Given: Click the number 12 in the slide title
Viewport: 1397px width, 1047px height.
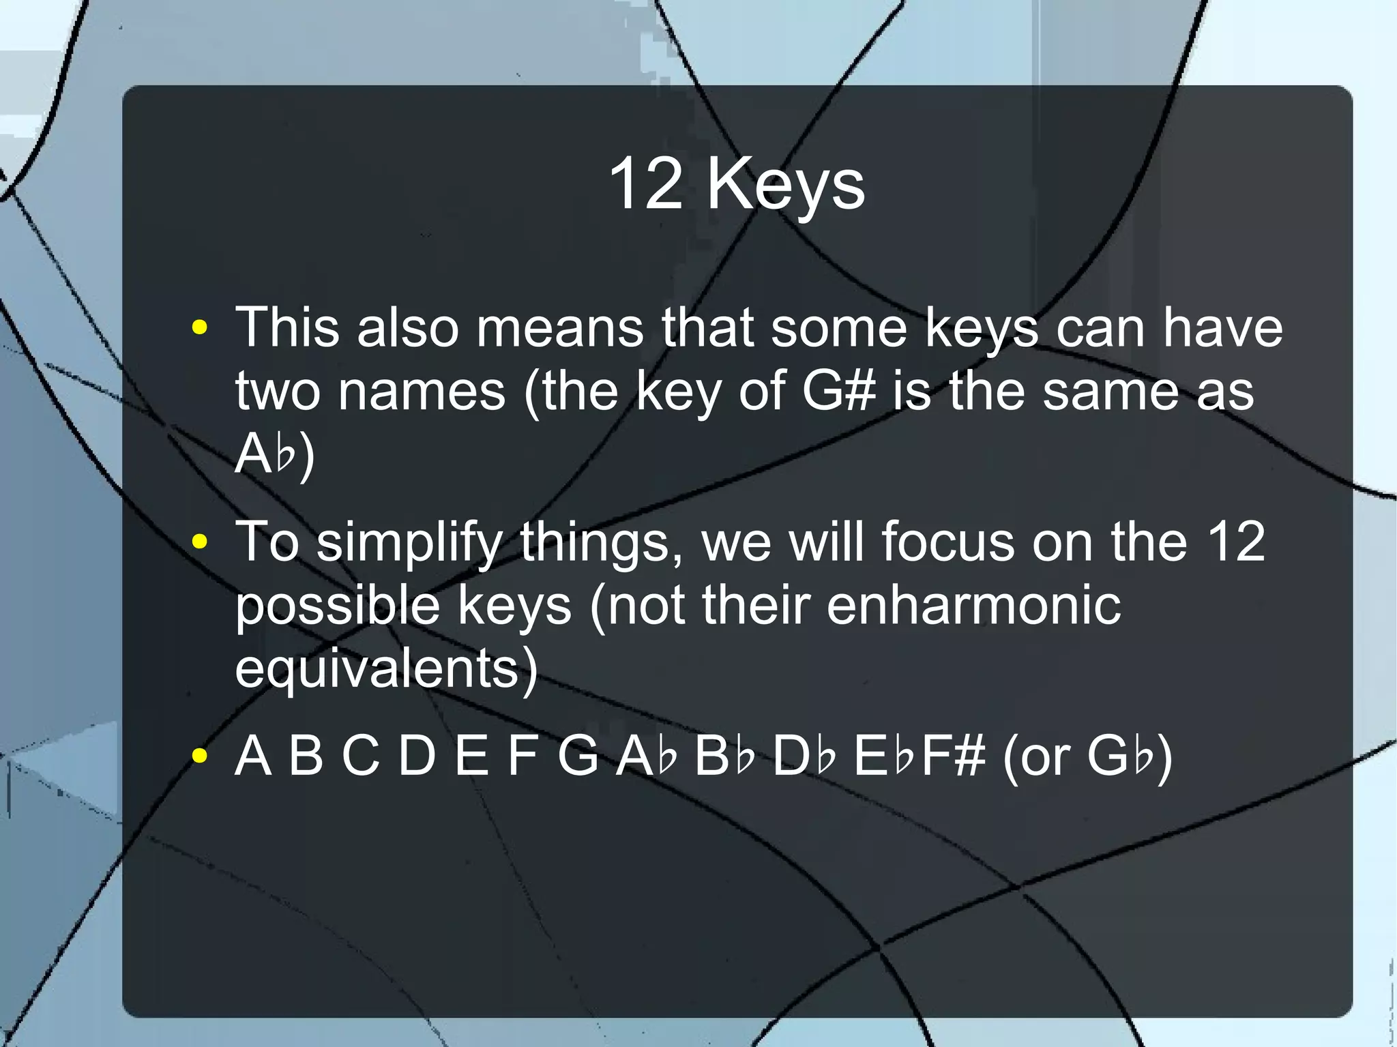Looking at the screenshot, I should coord(645,184).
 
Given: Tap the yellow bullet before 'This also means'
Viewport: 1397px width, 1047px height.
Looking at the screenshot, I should coord(199,327).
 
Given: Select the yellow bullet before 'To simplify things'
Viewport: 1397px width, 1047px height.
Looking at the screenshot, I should coord(199,542).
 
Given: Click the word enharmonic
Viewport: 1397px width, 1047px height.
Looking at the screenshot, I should coord(973,605).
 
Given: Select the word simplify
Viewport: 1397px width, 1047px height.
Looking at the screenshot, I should coord(409,543).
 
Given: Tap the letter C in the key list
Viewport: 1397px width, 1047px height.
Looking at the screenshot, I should coord(361,756).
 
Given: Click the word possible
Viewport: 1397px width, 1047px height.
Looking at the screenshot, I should coord(337,606).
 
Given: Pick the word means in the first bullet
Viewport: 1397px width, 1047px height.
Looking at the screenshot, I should coord(559,329).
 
